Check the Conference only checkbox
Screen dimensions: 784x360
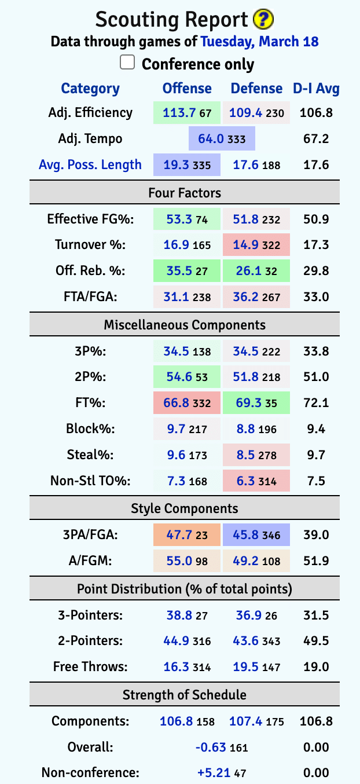pos(127,63)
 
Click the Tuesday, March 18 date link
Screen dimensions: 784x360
pos(259,42)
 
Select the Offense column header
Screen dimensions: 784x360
pos(187,89)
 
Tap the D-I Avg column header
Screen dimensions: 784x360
pos(316,89)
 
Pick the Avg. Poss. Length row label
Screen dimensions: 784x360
pos(90,164)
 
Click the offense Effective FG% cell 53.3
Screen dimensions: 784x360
pos(175,219)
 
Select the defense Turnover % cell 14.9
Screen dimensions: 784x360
pos(244,245)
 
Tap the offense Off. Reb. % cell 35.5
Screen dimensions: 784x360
pos(175,270)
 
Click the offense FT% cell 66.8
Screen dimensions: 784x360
pos(175,402)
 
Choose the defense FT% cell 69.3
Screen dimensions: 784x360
pos(244,402)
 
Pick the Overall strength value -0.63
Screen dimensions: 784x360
pos(211,747)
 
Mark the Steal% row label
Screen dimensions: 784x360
pos(97,455)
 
